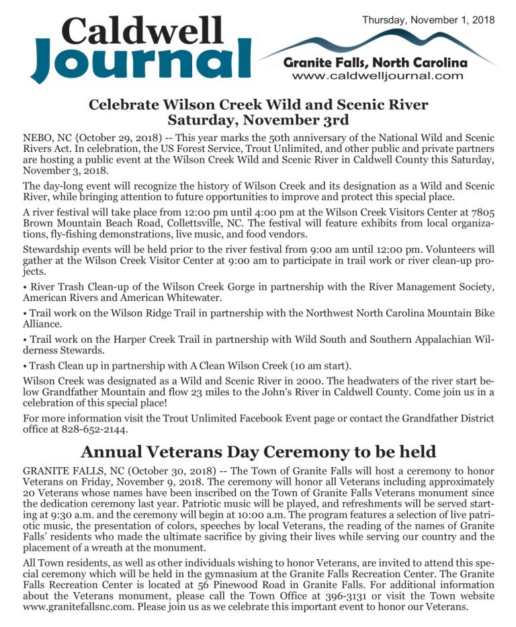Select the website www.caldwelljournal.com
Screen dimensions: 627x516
[x=378, y=76]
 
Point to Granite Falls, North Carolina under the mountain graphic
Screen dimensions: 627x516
[x=375, y=63]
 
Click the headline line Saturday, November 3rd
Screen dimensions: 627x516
[x=258, y=120]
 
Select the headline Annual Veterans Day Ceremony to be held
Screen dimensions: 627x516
[x=258, y=451]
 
